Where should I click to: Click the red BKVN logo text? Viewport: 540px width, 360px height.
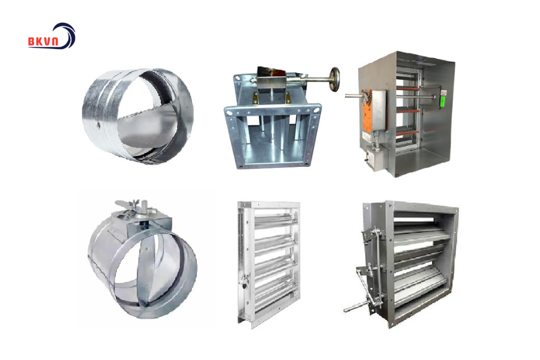[x=44, y=41]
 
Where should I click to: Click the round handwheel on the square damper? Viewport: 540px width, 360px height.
[x=334, y=79]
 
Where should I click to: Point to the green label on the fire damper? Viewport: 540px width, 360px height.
[x=443, y=101]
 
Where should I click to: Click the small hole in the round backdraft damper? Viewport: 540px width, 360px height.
[x=98, y=127]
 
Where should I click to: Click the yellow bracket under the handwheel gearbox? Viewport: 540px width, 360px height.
[x=256, y=98]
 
